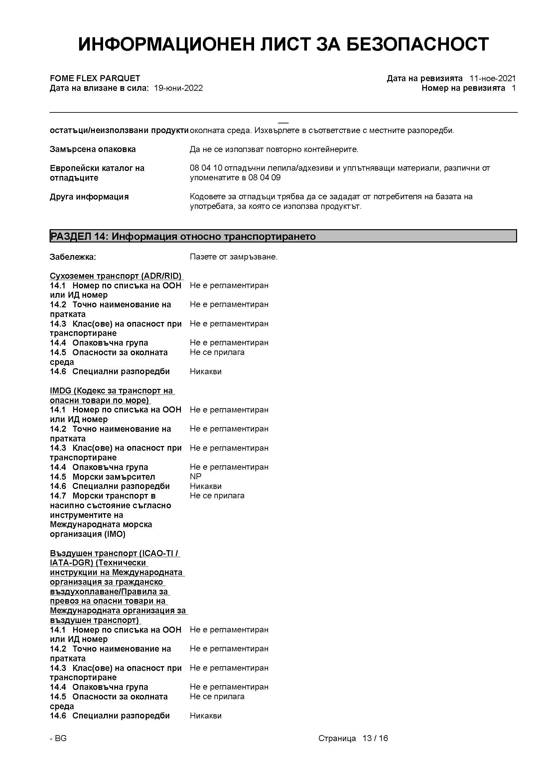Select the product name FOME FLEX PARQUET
point(95,78)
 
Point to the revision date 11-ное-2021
point(492,78)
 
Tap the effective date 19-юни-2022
point(179,88)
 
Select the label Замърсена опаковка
point(93,149)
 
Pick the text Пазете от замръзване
point(233,257)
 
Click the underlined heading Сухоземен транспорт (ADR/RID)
point(115,276)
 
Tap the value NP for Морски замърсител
point(196,476)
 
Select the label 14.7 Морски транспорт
point(103,496)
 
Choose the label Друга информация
point(89,197)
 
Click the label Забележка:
point(73,257)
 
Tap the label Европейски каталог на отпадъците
point(97,173)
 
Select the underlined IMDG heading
point(111,395)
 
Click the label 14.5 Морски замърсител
point(102,477)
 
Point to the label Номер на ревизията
point(463,88)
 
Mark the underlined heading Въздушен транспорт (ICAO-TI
point(115,553)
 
